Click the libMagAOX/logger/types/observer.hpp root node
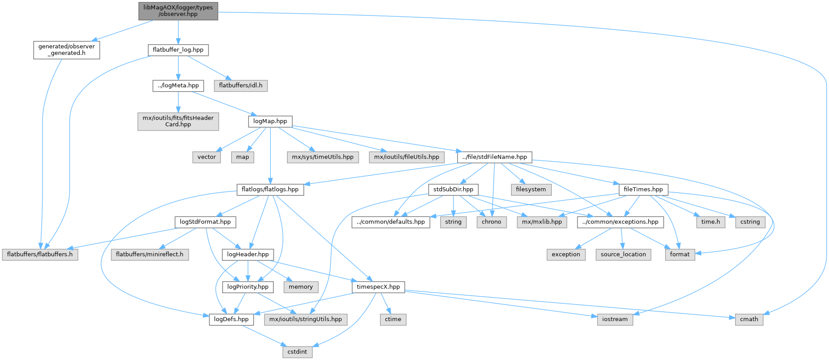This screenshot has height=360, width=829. (x=178, y=11)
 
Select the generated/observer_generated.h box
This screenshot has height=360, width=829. (x=66, y=50)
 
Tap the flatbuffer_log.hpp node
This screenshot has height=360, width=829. (x=178, y=50)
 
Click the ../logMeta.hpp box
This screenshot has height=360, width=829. (x=178, y=85)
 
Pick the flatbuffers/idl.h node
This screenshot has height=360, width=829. (x=240, y=85)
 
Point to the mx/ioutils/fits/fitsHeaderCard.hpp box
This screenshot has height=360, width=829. (x=178, y=121)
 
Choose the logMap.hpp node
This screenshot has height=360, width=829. (x=270, y=121)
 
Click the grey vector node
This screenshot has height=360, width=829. (x=206, y=157)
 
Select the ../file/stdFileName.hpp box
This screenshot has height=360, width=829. (x=494, y=157)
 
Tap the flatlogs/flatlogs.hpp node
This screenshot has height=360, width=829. (x=270, y=190)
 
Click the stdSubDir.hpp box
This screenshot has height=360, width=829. (x=453, y=190)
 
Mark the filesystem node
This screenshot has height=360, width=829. (x=531, y=190)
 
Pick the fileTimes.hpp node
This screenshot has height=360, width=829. (x=643, y=190)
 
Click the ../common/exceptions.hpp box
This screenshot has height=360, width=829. (x=620, y=222)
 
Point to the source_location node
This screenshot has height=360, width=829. (x=623, y=255)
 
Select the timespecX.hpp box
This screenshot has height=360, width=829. (x=378, y=287)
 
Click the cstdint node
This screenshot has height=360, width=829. (x=297, y=352)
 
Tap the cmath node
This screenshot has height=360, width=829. (x=749, y=319)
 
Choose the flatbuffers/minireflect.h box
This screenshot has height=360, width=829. (x=150, y=255)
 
